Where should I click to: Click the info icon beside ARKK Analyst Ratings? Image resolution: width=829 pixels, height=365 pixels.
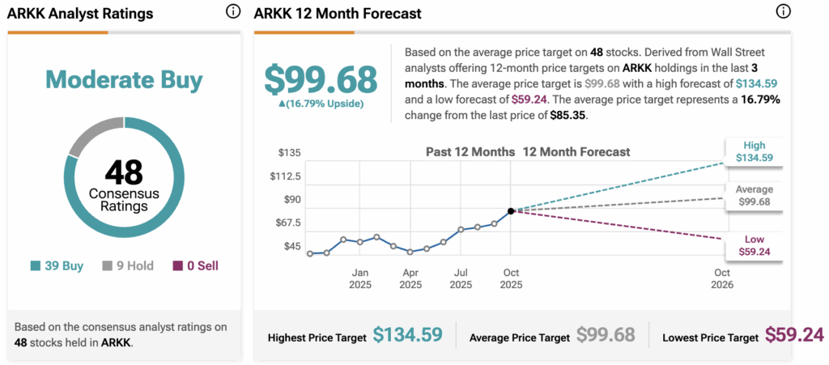click(x=233, y=12)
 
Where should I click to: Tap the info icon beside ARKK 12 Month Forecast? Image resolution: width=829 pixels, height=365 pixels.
click(x=782, y=12)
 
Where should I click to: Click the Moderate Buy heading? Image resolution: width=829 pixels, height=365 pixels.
click(x=124, y=79)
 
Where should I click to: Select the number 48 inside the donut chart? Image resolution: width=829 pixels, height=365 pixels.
click(x=124, y=172)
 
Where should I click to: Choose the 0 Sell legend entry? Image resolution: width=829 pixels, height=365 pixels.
click(x=196, y=265)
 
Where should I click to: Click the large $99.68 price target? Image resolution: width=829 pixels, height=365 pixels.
click(x=321, y=79)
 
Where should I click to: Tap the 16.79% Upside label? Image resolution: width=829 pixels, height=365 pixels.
click(x=321, y=104)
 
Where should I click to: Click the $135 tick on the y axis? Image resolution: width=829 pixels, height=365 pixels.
click(x=289, y=153)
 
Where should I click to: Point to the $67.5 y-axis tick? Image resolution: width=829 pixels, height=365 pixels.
click(x=287, y=223)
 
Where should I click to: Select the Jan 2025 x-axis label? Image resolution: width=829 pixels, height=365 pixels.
click(x=360, y=279)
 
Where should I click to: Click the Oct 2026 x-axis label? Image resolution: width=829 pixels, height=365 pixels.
click(x=721, y=279)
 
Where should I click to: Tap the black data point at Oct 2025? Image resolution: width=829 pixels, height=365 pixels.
click(x=511, y=211)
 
